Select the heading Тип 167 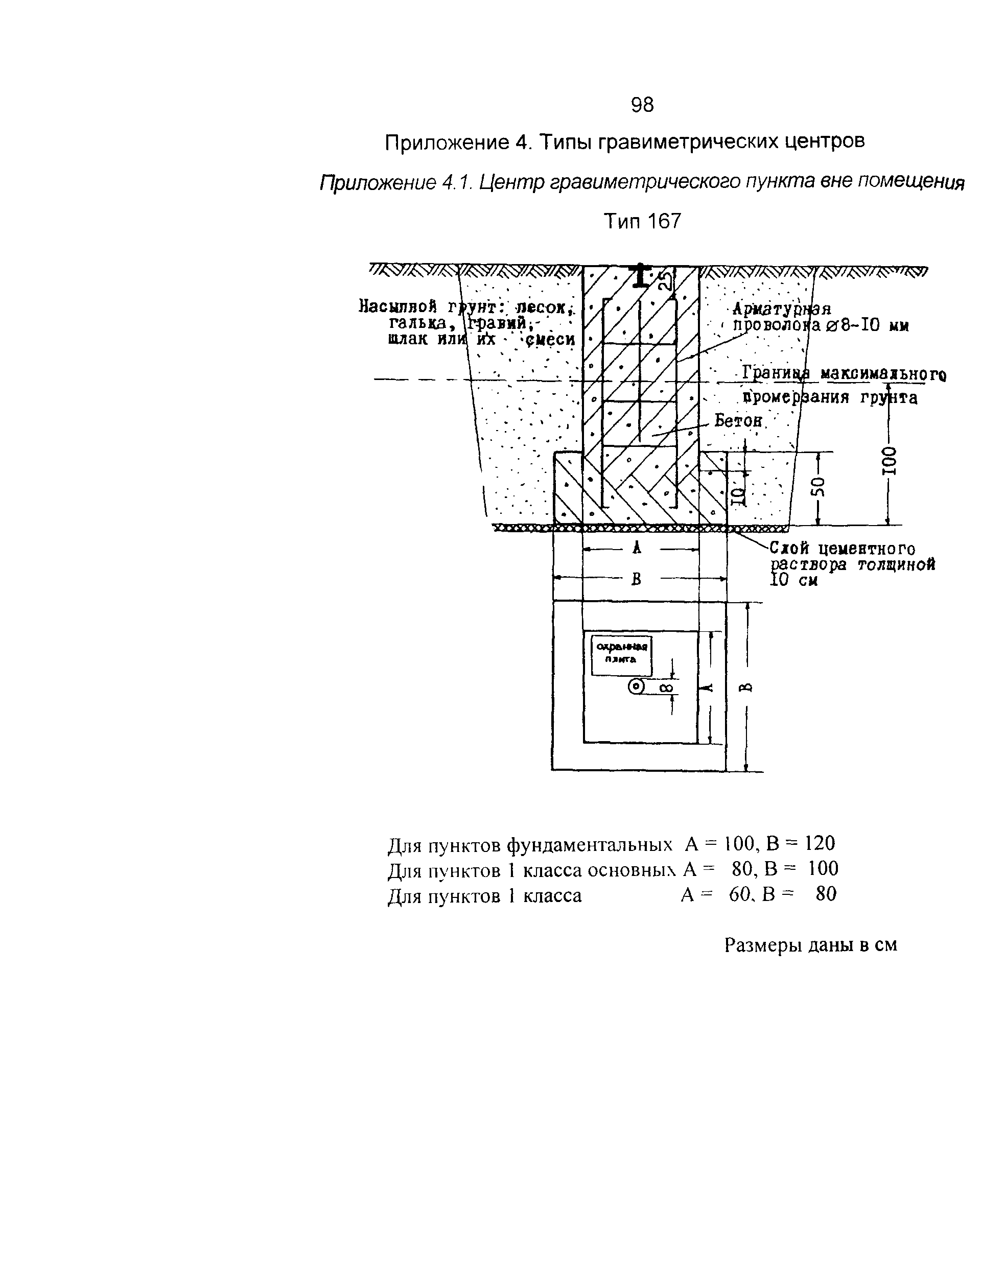point(643,222)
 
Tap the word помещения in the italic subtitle point(910,183)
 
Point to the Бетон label point(738,420)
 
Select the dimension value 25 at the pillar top point(665,279)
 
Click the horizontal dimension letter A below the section point(637,549)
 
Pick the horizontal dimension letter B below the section point(636,580)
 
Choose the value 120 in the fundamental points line point(820,844)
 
